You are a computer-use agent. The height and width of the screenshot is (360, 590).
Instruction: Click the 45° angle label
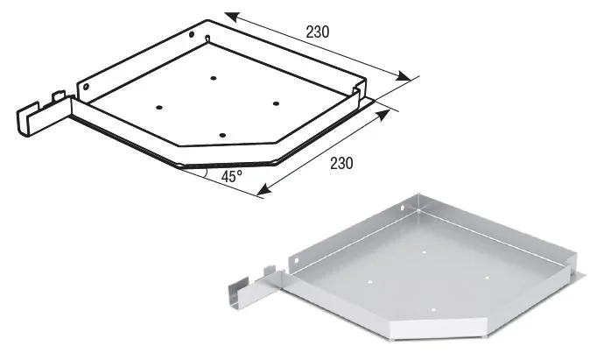pyautogui.click(x=231, y=176)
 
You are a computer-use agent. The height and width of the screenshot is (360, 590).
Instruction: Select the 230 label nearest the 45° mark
pyautogui.click(x=341, y=163)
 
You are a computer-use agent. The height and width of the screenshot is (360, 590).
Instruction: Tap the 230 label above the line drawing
pyautogui.click(x=318, y=32)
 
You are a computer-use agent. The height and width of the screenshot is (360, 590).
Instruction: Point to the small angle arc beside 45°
pyautogui.click(x=205, y=173)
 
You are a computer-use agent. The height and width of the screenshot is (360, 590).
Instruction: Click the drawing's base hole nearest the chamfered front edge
pyautogui.click(x=222, y=135)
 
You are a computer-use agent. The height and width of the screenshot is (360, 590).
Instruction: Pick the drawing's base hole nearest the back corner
pyautogui.click(x=214, y=78)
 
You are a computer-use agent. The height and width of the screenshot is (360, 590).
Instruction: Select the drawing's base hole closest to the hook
pyautogui.click(x=159, y=108)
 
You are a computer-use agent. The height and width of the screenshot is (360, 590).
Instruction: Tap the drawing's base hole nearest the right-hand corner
pyautogui.click(x=277, y=103)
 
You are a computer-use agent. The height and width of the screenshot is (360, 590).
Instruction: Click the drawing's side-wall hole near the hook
pyautogui.click(x=86, y=87)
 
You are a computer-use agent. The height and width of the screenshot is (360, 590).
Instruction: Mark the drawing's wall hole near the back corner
pyautogui.click(x=192, y=35)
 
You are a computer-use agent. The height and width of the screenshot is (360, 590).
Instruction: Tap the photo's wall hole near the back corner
pyautogui.click(x=402, y=208)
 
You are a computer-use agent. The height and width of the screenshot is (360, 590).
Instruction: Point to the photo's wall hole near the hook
pyautogui.click(x=296, y=261)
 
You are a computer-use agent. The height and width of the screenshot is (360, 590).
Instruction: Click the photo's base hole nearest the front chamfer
pyautogui.click(x=433, y=310)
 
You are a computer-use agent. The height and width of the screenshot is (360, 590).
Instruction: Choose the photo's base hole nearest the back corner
pyautogui.click(x=424, y=252)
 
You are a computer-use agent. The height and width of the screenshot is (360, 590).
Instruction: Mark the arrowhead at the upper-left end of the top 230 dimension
pyautogui.click(x=233, y=18)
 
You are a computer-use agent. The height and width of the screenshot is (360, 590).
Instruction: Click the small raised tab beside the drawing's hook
pyautogui.click(x=59, y=96)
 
